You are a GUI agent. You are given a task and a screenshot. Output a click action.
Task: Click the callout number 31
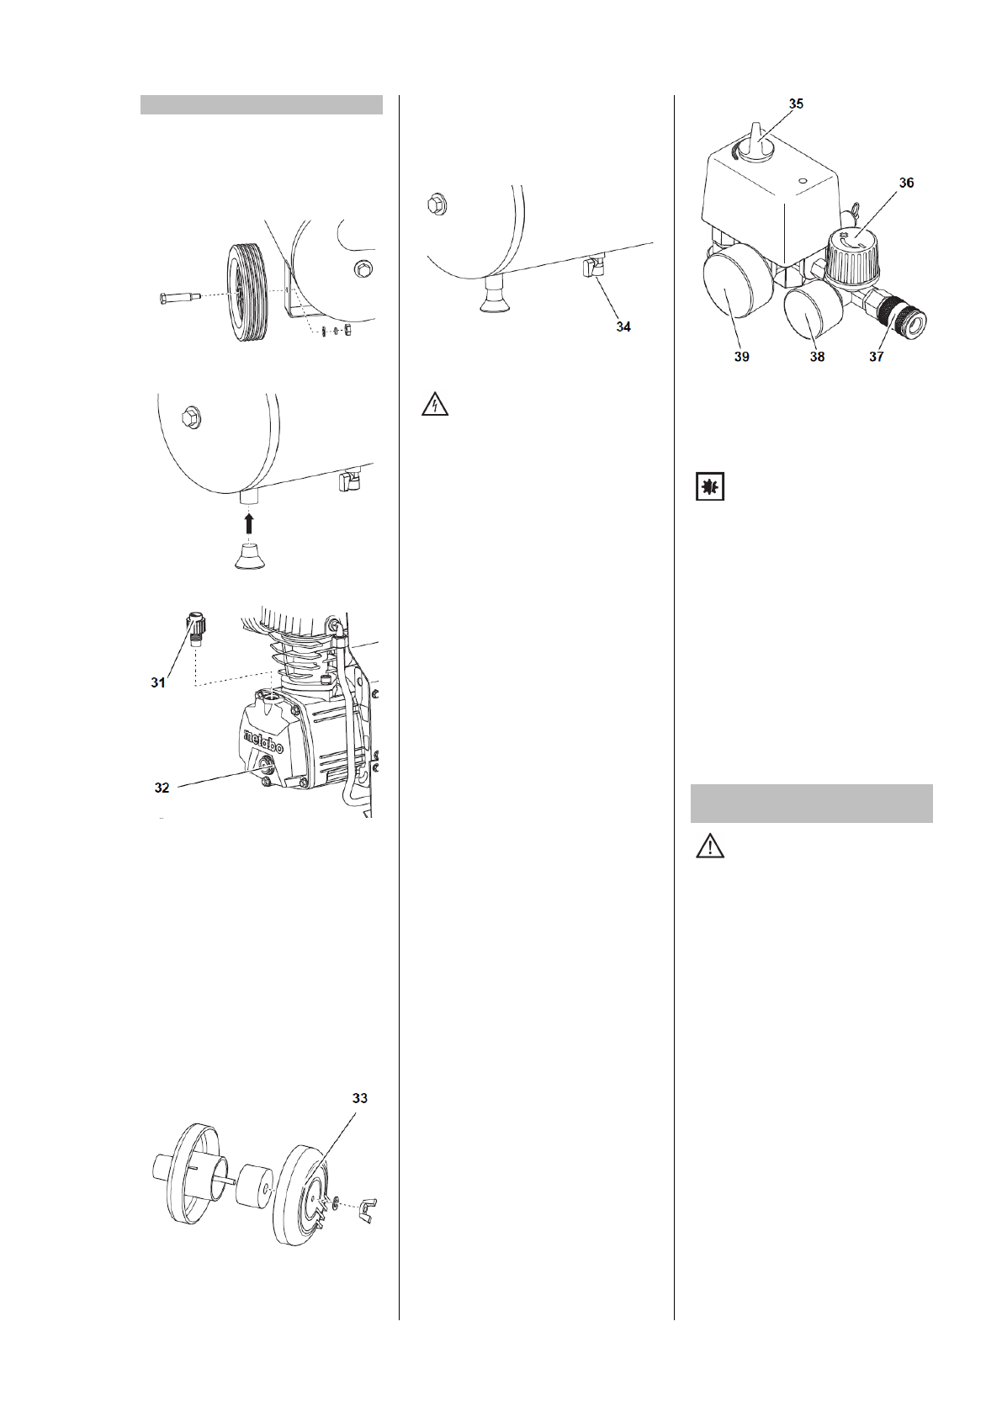pos(158,683)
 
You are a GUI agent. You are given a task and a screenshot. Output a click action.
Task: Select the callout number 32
pos(162,788)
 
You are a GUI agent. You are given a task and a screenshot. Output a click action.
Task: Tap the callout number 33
pos(359,1099)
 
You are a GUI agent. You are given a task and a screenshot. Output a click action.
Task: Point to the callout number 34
pos(623,326)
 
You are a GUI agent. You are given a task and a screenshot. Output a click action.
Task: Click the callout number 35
pos(796,103)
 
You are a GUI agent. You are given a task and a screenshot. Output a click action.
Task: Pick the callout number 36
pos(905,183)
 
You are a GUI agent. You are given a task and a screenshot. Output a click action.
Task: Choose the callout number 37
pos(877,357)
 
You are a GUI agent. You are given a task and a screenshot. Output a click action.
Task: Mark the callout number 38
pos(817,357)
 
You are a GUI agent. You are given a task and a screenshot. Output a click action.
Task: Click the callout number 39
pos(741,357)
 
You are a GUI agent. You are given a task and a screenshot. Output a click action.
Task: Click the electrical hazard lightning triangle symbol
pos(434,405)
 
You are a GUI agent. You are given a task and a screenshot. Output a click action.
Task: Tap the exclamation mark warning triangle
pos(710,846)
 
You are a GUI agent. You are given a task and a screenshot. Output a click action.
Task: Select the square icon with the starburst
pos(710,487)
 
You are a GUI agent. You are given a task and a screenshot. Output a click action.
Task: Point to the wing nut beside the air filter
pos(367,1210)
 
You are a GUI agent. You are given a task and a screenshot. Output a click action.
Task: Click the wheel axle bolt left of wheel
pos(179,297)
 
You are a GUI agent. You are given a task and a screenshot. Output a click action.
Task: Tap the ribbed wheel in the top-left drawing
pos(249,291)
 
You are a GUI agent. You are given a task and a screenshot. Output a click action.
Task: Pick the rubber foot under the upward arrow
pos(248,557)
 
